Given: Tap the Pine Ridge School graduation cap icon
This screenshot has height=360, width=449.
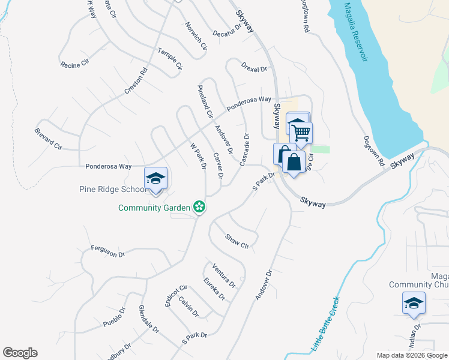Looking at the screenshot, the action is click(155, 178).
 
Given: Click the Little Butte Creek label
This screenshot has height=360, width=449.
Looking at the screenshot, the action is click(325, 324).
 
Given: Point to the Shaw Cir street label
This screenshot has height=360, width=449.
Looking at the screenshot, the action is click(237, 241).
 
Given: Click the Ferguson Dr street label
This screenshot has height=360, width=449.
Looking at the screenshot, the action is click(107, 251).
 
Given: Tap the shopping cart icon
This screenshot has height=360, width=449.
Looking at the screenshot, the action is click(301, 132).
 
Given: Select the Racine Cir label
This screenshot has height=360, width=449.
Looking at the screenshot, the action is click(75, 63).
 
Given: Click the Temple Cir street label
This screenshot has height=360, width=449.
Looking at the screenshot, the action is click(170, 59).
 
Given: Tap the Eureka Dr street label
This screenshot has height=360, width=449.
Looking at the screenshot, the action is click(214, 289).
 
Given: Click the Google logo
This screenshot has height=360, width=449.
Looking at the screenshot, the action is click(20, 353).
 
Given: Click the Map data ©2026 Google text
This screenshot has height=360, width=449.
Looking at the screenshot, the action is click(411, 355).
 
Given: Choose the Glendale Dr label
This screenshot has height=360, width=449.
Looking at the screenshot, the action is click(148, 319).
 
